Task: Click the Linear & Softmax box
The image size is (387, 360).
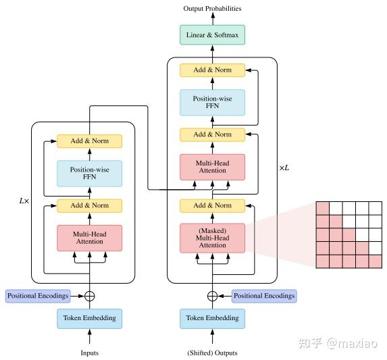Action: click(x=212, y=35)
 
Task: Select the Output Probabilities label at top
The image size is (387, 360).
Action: click(x=212, y=8)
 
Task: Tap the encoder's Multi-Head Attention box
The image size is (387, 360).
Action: click(x=90, y=238)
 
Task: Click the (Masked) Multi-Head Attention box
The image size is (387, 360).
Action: click(x=212, y=238)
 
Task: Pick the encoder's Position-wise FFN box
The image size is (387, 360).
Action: click(x=90, y=173)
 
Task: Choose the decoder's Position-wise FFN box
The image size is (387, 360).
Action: click(x=212, y=103)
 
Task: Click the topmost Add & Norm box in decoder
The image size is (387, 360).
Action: click(x=212, y=70)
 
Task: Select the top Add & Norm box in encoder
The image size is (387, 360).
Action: click(x=90, y=141)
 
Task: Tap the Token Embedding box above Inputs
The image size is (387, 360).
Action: click(x=90, y=318)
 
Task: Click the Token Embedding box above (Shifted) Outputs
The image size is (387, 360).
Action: click(x=212, y=318)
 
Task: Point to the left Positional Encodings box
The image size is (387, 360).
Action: click(x=37, y=295)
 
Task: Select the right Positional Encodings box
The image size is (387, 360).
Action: click(x=264, y=295)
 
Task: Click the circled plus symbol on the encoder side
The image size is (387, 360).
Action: click(x=90, y=295)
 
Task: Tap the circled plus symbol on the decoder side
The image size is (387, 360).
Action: click(x=212, y=295)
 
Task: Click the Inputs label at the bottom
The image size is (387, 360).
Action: click(x=90, y=352)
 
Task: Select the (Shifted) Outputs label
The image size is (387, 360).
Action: click(x=212, y=353)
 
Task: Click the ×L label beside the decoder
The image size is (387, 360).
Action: click(x=284, y=166)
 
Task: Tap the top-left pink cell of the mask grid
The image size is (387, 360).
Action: click(x=323, y=209)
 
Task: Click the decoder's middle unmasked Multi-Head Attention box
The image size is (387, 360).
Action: click(x=212, y=166)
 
